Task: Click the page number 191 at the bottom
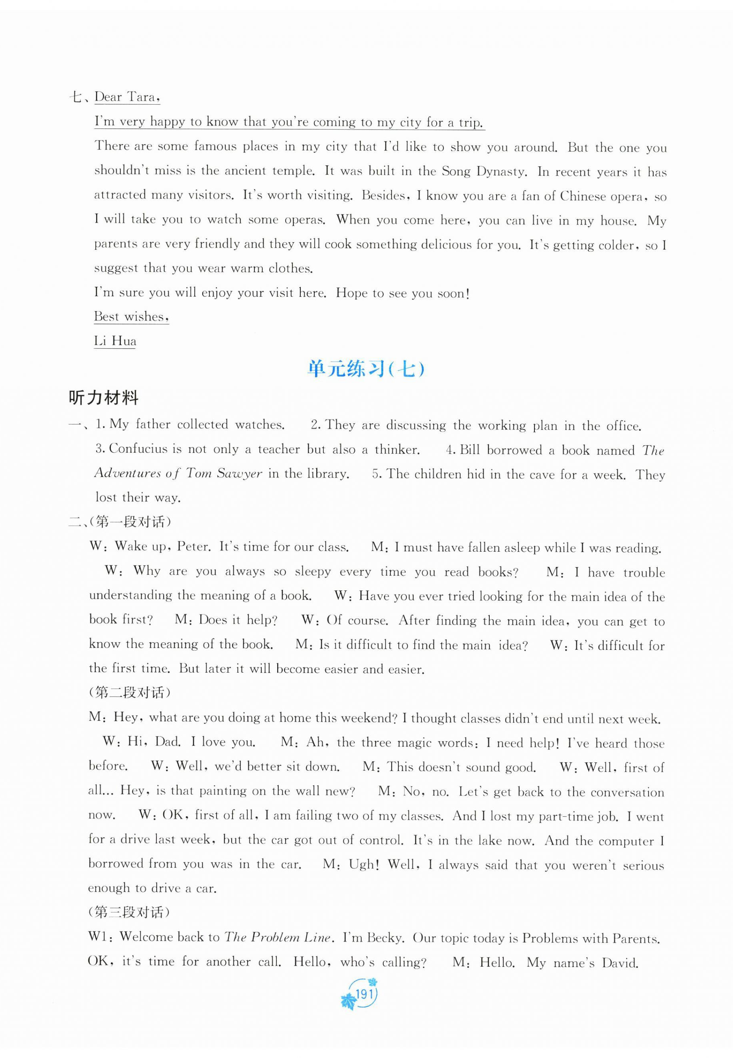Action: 363,995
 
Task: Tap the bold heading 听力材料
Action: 103,398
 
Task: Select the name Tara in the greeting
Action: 141,97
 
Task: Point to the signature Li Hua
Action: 115,341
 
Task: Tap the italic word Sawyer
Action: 239,473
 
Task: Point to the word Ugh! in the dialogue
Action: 364,864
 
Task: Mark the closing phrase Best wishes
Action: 131,316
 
